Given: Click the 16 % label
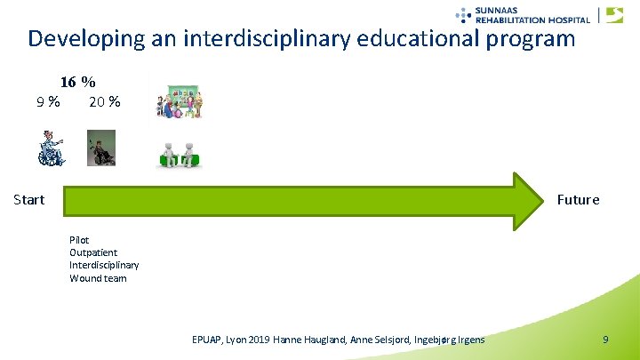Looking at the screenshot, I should [x=78, y=82].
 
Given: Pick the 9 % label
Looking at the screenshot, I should [x=48, y=101].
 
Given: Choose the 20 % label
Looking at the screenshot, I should [x=105, y=101].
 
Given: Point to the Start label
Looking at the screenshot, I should [x=29, y=199].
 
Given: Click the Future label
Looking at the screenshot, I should [x=578, y=199].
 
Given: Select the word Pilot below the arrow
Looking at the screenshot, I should [x=79, y=240].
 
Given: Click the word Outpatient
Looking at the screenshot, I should [x=93, y=252].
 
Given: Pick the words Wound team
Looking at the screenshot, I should [x=98, y=278].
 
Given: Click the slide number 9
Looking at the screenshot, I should [x=605, y=340].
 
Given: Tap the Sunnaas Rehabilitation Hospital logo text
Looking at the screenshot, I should [x=532, y=14].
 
